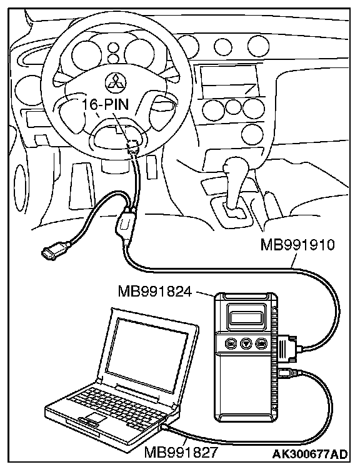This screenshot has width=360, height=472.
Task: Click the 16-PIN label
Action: pos(105,104)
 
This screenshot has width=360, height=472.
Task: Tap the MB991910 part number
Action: pos(297,245)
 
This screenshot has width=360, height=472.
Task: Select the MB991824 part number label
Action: pos(154,291)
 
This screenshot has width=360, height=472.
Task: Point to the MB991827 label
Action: pos(181,452)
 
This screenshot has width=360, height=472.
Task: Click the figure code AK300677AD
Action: pos(310,454)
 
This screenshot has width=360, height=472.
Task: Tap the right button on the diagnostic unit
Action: pos(261,343)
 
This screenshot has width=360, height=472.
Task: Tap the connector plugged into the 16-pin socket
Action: pos(133,146)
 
